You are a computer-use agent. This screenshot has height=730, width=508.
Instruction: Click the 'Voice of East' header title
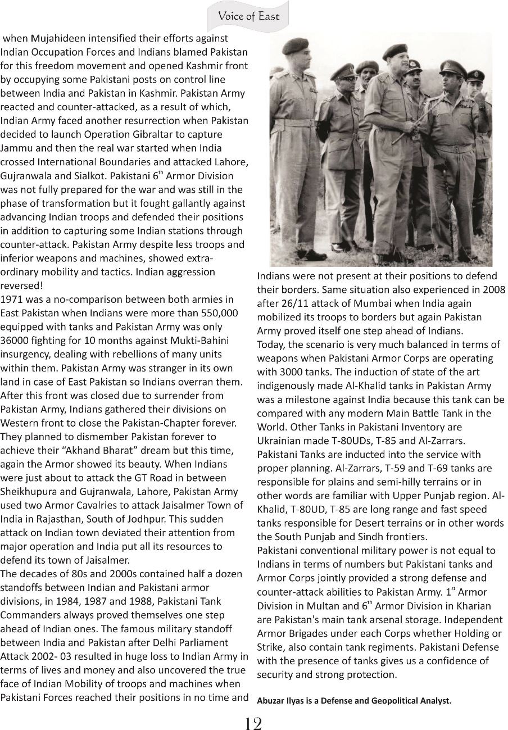coord(248,16)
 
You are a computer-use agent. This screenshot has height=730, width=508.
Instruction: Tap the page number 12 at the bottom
coord(253,723)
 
